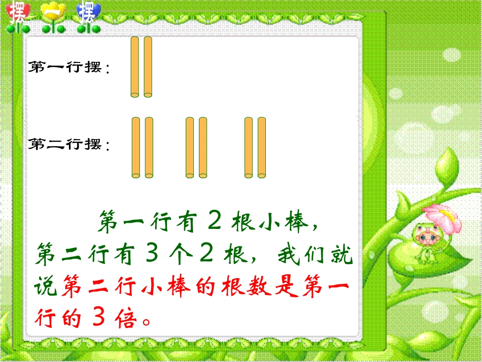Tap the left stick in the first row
pos(135,67)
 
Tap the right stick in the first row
pos(148,67)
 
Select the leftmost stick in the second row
pos(135,148)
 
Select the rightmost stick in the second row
pos(262,148)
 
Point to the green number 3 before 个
pos(151,254)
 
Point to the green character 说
pos(46,287)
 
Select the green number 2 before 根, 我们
pos(205,254)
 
